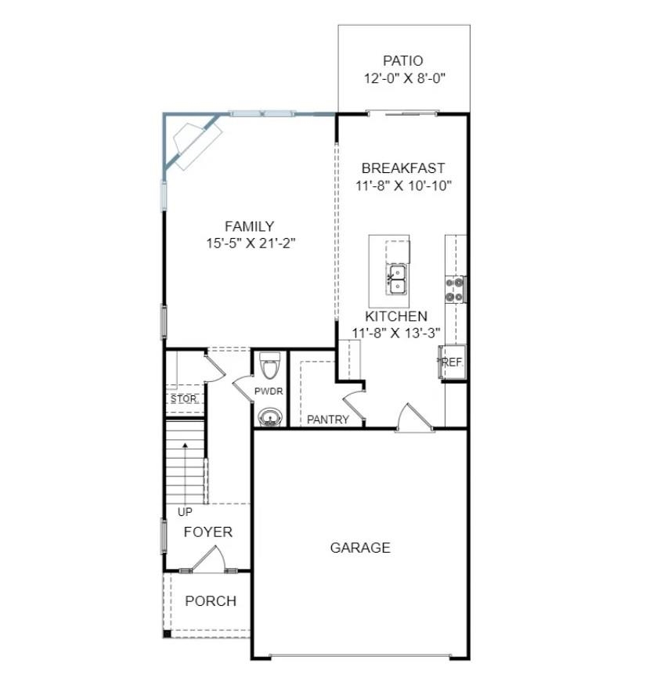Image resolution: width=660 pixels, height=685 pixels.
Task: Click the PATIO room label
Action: [x=403, y=60]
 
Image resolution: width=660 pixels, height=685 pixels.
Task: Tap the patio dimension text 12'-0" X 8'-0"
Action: [x=404, y=78]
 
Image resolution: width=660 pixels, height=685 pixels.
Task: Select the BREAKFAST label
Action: [x=403, y=168]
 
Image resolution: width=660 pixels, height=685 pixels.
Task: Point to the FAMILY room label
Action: [x=249, y=226]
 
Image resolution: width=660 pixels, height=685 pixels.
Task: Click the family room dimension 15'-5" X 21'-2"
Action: [x=250, y=243]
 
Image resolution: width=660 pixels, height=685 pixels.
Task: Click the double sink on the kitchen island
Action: [x=397, y=278]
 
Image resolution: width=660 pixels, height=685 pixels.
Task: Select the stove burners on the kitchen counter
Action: [x=455, y=289]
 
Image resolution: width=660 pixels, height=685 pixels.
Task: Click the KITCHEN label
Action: [x=396, y=316]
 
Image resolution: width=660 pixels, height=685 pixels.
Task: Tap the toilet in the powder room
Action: [x=269, y=366]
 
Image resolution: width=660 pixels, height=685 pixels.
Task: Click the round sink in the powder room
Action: [x=269, y=416]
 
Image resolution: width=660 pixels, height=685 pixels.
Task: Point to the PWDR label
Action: [x=269, y=391]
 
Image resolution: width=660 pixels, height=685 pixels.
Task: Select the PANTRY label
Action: [x=328, y=420]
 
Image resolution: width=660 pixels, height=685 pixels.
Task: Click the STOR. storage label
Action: [x=184, y=399]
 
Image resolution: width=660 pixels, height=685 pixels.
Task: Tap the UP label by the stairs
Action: [x=185, y=512]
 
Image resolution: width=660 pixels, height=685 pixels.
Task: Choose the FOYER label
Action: [x=207, y=532]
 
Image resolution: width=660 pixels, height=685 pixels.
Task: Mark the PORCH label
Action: [x=210, y=601]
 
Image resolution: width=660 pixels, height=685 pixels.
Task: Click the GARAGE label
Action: [x=360, y=548]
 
